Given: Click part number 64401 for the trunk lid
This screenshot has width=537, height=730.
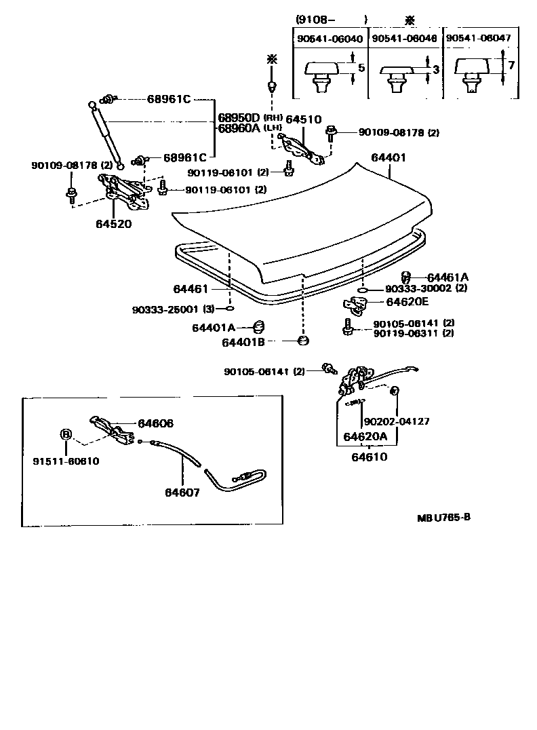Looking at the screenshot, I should click(388, 157).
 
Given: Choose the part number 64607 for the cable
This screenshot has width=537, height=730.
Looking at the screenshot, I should click(182, 493).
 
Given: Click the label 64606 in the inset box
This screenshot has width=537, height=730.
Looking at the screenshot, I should click(156, 423).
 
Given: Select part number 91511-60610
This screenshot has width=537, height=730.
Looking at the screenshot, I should click(66, 461).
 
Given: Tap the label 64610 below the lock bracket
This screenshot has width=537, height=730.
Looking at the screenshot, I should click(370, 457).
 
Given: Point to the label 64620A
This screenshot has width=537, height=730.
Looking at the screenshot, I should click(365, 437).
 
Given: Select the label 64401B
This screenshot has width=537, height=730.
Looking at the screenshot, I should click(243, 342).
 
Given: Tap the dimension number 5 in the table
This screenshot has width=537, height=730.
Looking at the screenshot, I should click(361, 69).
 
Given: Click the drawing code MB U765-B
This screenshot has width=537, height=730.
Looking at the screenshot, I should click(443, 517).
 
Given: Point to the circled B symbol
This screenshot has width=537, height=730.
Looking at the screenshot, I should click(66, 434).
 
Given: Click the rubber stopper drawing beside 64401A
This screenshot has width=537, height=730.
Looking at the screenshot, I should click(258, 326).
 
